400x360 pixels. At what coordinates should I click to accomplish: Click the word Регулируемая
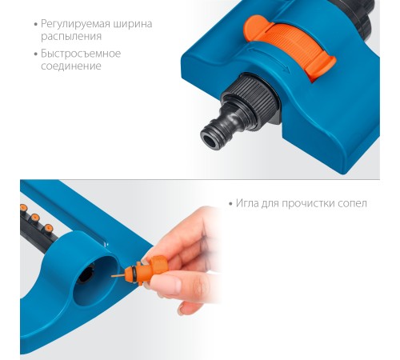pyautogui.click(x=75, y=24)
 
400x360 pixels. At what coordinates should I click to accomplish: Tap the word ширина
pyautogui.click(x=133, y=24)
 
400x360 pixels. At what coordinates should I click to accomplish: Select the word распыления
pyautogui.click(x=71, y=37)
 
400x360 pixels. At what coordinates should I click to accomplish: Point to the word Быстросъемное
pyautogui.click(x=81, y=54)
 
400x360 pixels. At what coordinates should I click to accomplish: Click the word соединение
pyautogui.click(x=71, y=66)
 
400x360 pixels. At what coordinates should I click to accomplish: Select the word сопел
pyautogui.click(x=352, y=204)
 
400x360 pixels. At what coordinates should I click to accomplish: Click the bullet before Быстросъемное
pyautogui.click(x=36, y=54)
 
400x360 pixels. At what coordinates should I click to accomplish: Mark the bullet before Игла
pyautogui.click(x=231, y=204)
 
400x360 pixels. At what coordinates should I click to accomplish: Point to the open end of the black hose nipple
pyautogui.click(x=210, y=139)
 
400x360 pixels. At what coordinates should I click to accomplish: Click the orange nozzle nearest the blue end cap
pyautogui.click(x=48, y=228)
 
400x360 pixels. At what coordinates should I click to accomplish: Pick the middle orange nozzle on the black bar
pyautogui.click(x=35, y=217)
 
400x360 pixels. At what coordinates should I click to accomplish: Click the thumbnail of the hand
pyautogui.click(x=162, y=283)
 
